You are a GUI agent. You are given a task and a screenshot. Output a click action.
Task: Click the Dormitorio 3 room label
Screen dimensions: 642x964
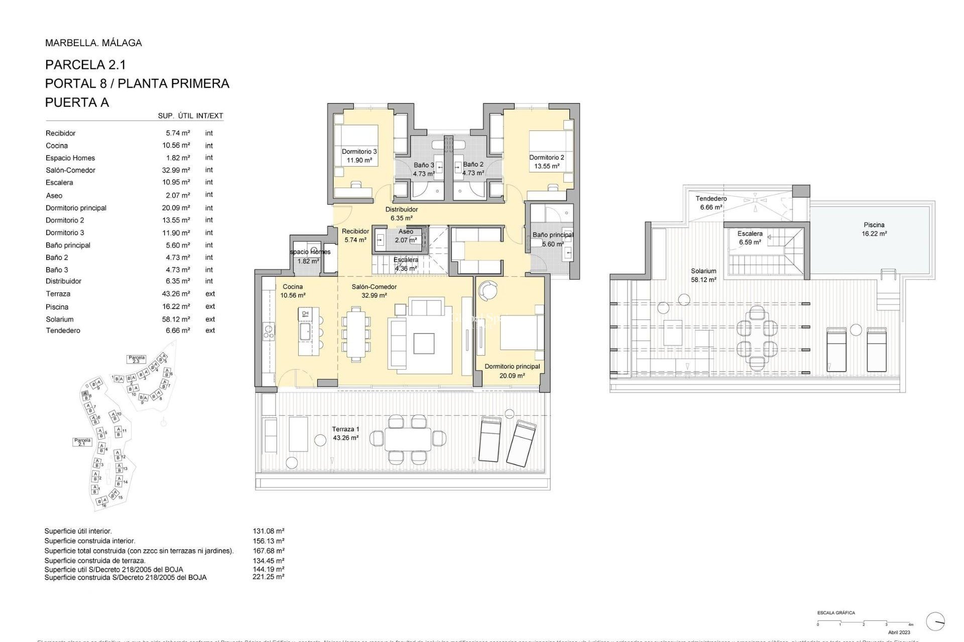[x=359, y=151]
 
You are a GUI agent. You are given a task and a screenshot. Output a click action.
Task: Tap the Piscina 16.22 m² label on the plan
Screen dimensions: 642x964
[x=874, y=229]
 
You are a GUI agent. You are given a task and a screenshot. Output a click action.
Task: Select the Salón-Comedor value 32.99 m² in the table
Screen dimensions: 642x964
[x=176, y=170]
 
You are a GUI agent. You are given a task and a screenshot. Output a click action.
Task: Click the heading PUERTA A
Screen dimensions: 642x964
[x=77, y=102]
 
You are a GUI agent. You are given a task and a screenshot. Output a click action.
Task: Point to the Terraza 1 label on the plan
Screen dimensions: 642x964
[x=345, y=429]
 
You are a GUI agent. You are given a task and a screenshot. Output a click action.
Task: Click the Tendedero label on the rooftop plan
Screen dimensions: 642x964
[x=711, y=199]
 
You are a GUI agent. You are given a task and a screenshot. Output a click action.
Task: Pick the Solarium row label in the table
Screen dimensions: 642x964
[x=60, y=319]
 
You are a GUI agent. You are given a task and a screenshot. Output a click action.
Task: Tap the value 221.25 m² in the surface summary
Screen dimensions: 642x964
[x=268, y=577]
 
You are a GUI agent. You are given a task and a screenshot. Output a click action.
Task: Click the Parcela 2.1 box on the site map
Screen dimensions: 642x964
[x=82, y=442]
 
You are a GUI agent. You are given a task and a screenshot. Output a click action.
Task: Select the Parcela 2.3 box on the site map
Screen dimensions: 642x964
[x=136, y=359]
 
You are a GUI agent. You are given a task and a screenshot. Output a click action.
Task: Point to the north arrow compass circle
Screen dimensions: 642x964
[x=935, y=621]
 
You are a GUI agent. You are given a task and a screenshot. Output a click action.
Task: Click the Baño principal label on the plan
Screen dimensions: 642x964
[x=552, y=235]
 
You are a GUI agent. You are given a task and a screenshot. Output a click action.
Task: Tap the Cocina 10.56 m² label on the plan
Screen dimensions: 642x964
[x=293, y=291]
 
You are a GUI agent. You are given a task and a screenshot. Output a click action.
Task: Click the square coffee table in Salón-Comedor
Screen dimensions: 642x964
[x=424, y=344]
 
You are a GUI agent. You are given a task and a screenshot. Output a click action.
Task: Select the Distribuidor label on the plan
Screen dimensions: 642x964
[x=401, y=210]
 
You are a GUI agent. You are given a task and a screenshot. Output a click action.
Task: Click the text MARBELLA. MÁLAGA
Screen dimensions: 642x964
[x=93, y=43]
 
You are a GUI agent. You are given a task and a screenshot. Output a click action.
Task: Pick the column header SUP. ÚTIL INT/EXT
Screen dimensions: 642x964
[x=190, y=116]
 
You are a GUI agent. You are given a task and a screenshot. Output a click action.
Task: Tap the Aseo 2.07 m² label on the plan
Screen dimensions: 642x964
[x=406, y=236]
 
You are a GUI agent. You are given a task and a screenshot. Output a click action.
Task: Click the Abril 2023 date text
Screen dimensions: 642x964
[x=899, y=632]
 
